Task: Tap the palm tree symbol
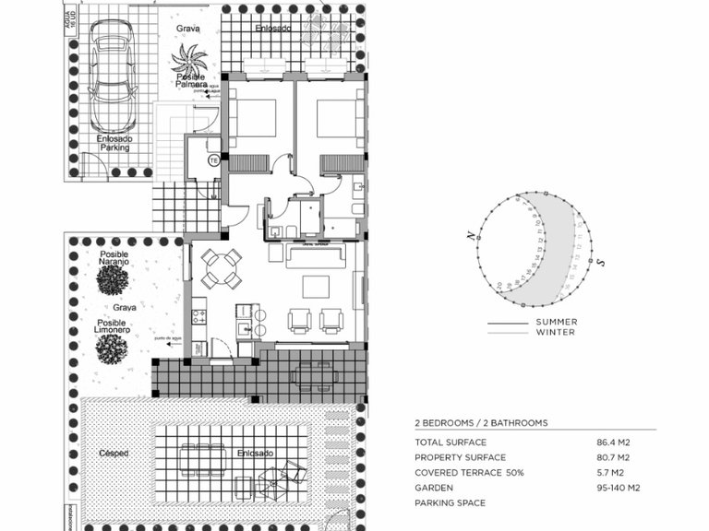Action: pyautogui.click(x=189, y=63)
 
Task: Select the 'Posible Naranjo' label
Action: pyautogui.click(x=114, y=259)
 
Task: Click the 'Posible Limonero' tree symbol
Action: pyautogui.click(x=112, y=348)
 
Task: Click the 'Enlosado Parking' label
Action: pyautogui.click(x=114, y=142)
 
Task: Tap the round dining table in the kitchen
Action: pyautogui.click(x=221, y=268)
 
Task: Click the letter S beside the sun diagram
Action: pyautogui.click(x=600, y=263)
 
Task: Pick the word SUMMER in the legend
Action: pyautogui.click(x=557, y=323)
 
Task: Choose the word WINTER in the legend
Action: pyautogui.click(x=555, y=333)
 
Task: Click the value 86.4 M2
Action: pyautogui.click(x=613, y=442)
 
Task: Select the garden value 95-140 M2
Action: pyautogui.click(x=618, y=488)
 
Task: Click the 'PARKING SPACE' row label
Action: pyautogui.click(x=450, y=503)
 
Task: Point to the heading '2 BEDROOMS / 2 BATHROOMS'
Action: pyautogui.click(x=481, y=423)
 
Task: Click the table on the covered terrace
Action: pyautogui.click(x=314, y=373)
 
